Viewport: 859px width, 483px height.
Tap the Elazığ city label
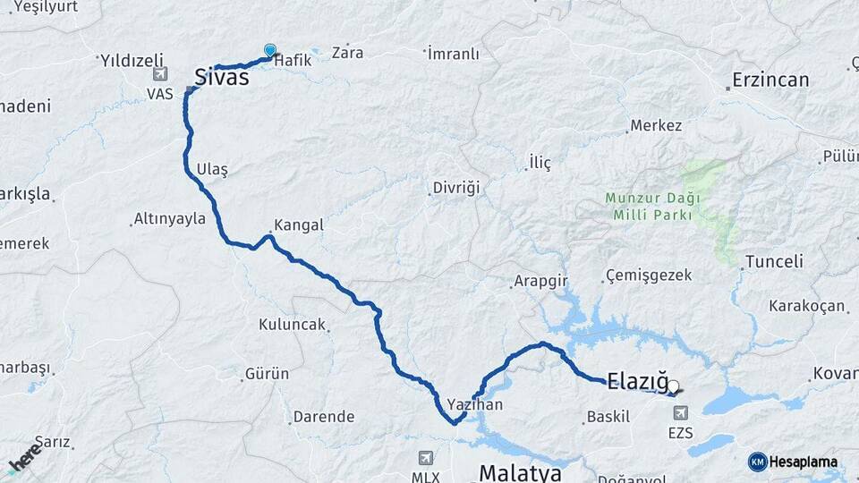tap(637, 382)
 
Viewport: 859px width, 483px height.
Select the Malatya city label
tap(520, 471)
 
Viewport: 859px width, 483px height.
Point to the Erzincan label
tap(770, 80)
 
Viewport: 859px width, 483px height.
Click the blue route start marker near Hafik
tap(270, 51)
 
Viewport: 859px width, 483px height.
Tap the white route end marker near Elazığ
tap(673, 387)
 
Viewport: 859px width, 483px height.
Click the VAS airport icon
tap(160, 74)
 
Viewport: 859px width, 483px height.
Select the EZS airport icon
tap(681, 413)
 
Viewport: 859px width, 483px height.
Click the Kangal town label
tap(299, 225)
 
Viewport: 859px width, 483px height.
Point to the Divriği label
tap(456, 188)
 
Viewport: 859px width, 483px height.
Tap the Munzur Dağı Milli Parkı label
tap(651, 206)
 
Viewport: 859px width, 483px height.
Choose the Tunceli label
tap(774, 262)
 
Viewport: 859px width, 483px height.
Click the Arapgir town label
tap(540, 281)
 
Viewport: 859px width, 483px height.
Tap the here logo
tap(24, 457)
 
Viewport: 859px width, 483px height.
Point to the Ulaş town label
tap(212, 170)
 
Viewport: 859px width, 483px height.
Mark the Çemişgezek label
tap(649, 275)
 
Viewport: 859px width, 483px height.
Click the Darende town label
tap(324, 417)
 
